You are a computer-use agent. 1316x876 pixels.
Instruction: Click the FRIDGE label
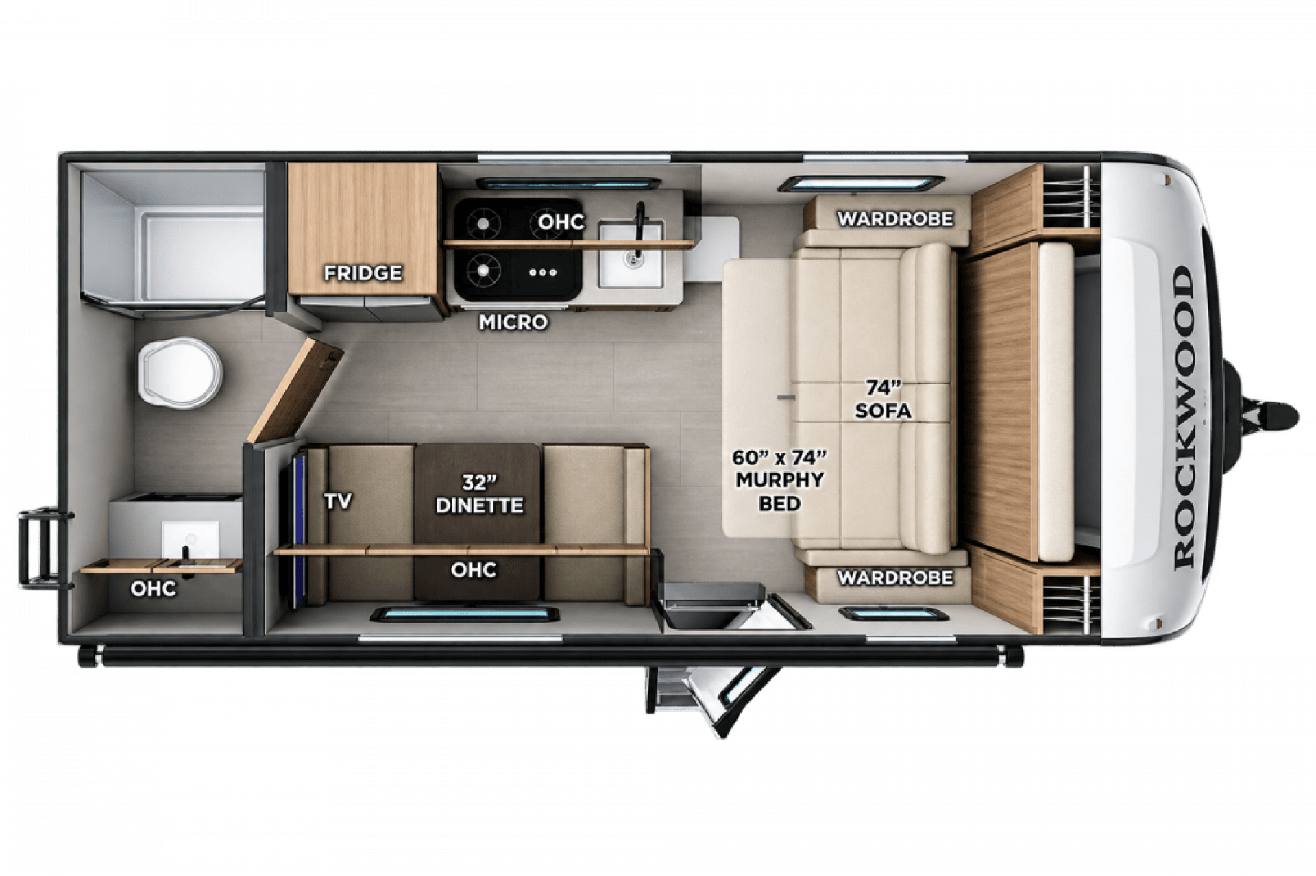click(x=363, y=273)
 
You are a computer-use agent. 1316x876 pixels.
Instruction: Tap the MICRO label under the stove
click(x=513, y=322)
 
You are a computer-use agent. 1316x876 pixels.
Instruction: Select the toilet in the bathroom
click(x=180, y=372)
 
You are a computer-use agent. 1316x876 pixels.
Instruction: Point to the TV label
click(x=338, y=501)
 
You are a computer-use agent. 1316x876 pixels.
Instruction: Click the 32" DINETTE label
click(x=479, y=494)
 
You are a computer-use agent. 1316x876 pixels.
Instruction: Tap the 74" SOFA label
click(x=883, y=399)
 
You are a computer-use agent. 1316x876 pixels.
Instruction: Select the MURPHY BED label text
click(x=780, y=491)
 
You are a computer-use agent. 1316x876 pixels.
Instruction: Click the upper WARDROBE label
click(x=894, y=218)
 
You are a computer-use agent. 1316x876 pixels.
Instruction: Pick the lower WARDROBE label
click(x=894, y=577)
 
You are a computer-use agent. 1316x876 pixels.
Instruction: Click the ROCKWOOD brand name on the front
click(x=1184, y=418)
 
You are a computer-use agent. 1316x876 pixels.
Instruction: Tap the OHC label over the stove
click(x=561, y=222)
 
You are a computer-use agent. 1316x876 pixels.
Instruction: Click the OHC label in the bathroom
click(x=153, y=588)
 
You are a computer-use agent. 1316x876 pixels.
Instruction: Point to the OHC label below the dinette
click(x=474, y=569)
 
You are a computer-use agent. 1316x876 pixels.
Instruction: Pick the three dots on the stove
click(x=543, y=272)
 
